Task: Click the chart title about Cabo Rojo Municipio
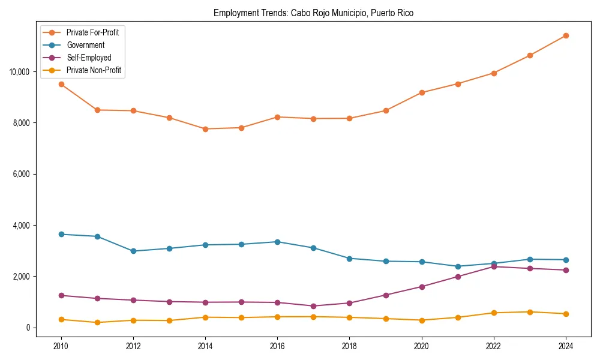click(313, 13)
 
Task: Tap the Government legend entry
click(85, 45)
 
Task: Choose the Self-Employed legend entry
click(89, 58)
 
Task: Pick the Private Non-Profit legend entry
click(94, 70)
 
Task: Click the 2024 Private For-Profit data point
click(566, 35)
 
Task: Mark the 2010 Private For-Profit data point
click(61, 84)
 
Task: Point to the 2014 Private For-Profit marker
click(205, 129)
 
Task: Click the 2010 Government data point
click(61, 234)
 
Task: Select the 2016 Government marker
click(277, 242)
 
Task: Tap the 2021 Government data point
click(458, 266)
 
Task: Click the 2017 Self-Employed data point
click(313, 306)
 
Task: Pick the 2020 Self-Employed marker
click(422, 287)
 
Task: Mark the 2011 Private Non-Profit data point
click(97, 323)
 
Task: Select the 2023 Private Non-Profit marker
click(530, 312)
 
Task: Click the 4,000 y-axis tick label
click(22, 226)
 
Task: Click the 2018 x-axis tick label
click(349, 346)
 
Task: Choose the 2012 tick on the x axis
click(133, 346)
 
